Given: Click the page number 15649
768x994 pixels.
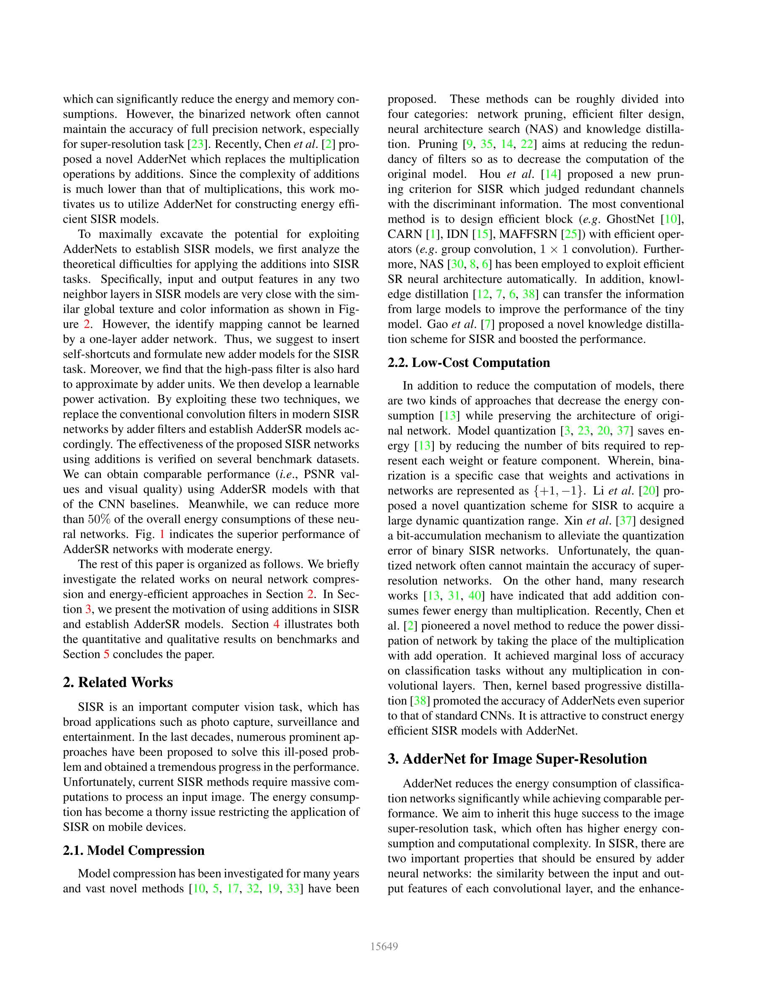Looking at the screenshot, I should (x=384, y=947).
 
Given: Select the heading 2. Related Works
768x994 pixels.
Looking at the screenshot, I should (x=118, y=682).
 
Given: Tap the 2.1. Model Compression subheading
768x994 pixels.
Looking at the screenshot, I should (x=134, y=850).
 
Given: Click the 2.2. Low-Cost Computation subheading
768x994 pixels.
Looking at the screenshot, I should (x=469, y=362).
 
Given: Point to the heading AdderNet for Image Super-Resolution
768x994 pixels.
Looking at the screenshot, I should (x=525, y=759).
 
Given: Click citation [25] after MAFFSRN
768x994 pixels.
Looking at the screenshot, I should (x=570, y=235).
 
